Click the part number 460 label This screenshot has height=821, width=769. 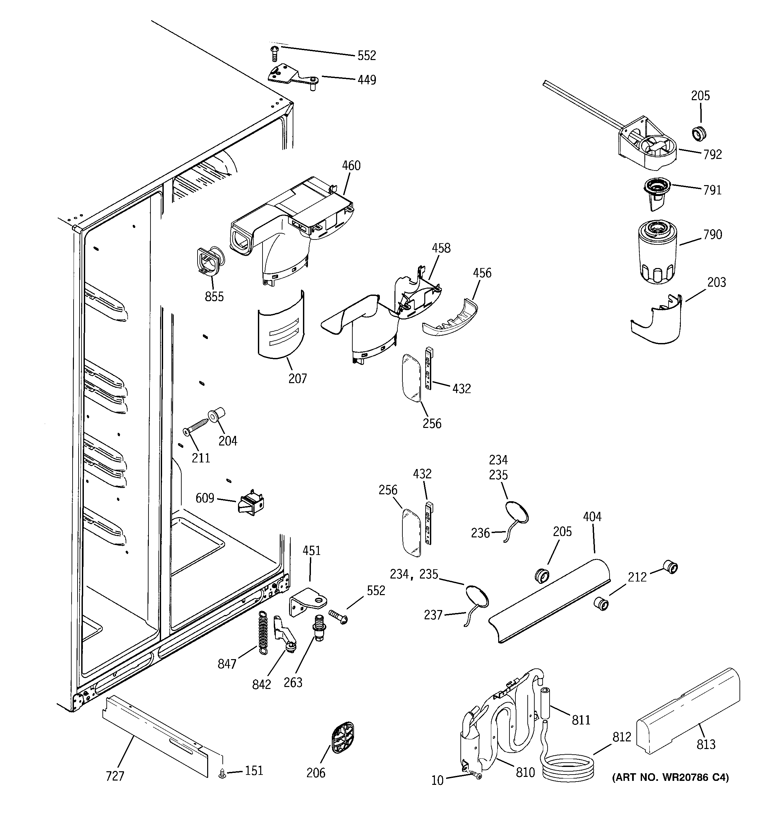[351, 166]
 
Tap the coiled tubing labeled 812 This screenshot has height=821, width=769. [568, 767]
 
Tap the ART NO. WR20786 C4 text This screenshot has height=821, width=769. [670, 778]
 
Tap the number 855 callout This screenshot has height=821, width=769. [214, 297]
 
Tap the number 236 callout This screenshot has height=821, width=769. [480, 533]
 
